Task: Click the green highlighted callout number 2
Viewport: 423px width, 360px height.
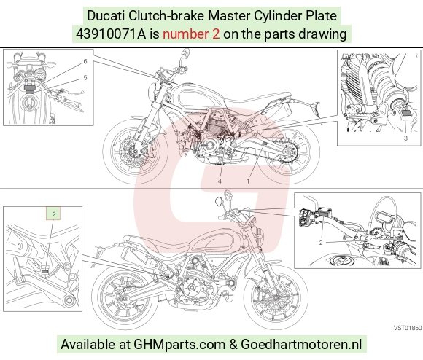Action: (54, 214)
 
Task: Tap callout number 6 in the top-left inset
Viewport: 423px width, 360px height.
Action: (85, 61)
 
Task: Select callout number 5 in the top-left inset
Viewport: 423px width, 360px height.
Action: (85, 78)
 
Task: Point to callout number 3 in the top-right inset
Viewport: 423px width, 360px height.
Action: (405, 138)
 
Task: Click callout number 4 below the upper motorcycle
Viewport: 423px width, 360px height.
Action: (220, 181)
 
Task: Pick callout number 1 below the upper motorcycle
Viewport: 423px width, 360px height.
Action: (248, 181)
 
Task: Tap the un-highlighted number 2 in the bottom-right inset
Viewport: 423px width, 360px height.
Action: (321, 243)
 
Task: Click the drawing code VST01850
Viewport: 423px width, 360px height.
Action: (408, 328)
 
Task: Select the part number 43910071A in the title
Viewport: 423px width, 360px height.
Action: (111, 34)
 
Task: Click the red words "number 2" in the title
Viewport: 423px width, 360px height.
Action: (191, 34)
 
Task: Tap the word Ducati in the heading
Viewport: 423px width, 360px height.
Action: (106, 15)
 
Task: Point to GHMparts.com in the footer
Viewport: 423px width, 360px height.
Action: (179, 345)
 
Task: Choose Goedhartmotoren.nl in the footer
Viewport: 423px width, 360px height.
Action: (301, 345)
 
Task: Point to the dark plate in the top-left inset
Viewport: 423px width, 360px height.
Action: (29, 89)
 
